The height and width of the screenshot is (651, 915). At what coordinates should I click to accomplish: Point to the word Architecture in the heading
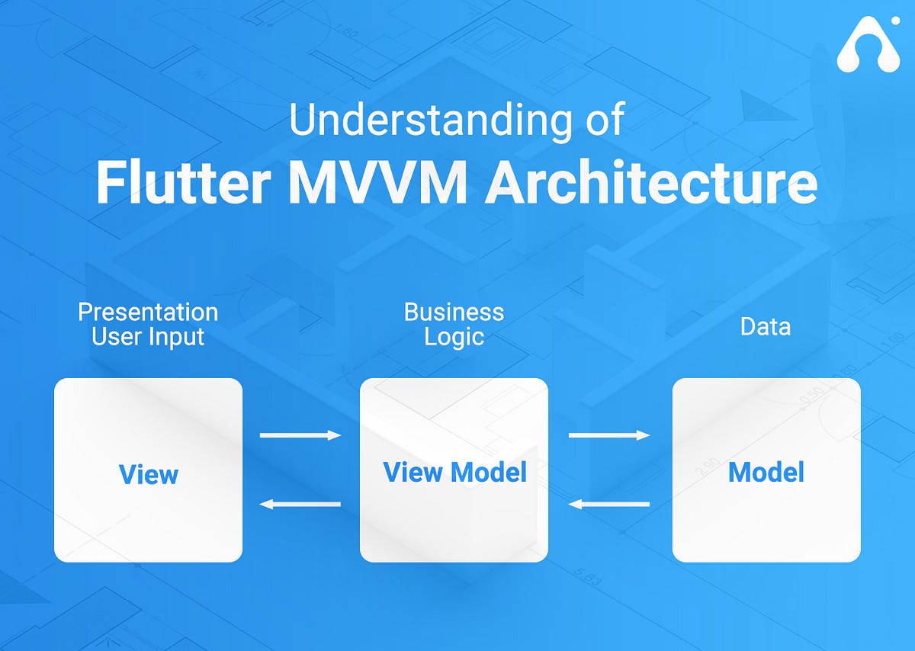653,184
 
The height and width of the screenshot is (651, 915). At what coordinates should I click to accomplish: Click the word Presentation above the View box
148,312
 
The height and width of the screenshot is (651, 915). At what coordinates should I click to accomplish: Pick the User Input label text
148,337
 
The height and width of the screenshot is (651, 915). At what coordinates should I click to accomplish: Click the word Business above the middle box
454,312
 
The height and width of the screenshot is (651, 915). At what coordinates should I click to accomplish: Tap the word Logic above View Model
454,338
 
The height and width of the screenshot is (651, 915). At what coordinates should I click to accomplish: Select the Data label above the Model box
766,327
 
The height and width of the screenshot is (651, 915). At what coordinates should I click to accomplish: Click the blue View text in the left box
149,474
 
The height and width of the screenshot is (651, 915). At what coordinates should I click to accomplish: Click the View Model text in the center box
454,472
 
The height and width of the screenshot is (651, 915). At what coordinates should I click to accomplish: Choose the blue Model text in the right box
766,472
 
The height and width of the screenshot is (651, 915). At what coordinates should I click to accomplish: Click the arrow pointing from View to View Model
300,435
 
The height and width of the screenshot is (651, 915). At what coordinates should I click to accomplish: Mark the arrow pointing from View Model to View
300,504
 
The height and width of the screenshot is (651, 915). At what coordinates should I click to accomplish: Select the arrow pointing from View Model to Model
609,435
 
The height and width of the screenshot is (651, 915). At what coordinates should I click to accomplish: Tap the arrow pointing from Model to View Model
609,504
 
